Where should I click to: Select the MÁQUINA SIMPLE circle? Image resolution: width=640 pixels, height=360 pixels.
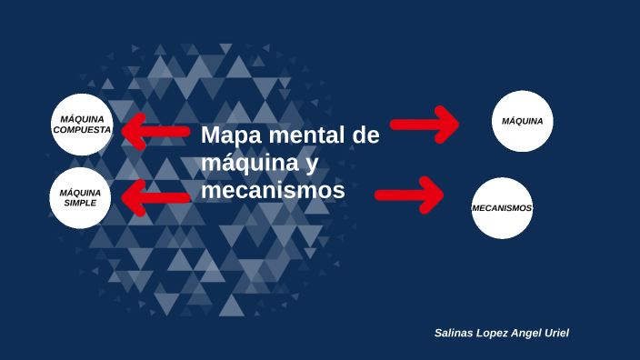(x=81, y=198)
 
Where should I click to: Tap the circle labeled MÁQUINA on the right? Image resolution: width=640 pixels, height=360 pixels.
(x=523, y=121)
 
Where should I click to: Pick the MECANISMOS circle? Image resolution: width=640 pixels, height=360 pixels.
(x=502, y=208)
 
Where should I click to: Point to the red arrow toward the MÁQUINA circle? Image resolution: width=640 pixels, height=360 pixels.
(x=425, y=125)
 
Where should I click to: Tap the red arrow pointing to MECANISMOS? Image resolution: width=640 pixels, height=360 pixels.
(x=410, y=194)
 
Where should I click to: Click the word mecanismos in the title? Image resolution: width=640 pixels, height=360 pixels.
(x=273, y=191)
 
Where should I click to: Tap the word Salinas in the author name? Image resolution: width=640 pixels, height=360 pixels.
(x=455, y=334)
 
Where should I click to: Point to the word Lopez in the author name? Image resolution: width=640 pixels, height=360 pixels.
(x=498, y=334)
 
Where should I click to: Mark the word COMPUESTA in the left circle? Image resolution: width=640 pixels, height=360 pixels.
(x=82, y=130)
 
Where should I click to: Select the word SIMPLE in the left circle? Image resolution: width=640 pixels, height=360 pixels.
(x=80, y=203)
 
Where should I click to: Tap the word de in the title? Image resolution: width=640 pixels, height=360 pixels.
(x=365, y=136)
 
